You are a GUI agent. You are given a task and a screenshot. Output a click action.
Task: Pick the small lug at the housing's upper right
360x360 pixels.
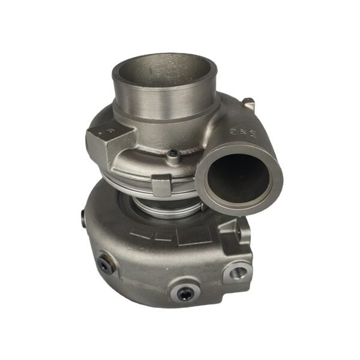249,106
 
